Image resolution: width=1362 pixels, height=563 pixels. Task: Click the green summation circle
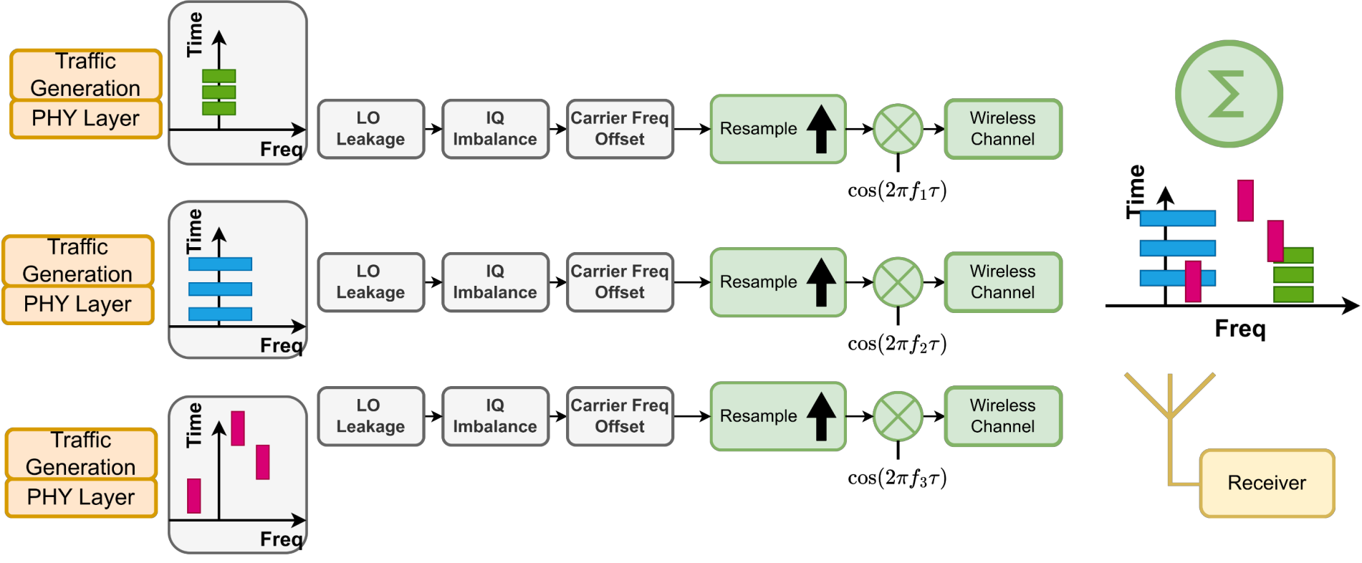click(1228, 94)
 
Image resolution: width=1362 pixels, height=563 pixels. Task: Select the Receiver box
click(1266, 483)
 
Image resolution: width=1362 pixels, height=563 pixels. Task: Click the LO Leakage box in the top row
click(370, 129)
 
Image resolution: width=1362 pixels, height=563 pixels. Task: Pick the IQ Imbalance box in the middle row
click(494, 282)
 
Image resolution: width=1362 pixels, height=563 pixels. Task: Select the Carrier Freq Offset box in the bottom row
click(620, 416)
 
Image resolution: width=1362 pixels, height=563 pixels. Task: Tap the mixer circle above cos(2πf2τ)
click(898, 282)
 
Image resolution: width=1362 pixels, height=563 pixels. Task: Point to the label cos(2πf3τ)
click(896, 478)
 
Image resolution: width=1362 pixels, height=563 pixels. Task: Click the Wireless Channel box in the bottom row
click(1002, 416)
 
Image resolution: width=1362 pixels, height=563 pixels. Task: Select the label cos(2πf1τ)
click(896, 191)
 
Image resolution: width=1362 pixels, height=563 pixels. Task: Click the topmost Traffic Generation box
click(85, 74)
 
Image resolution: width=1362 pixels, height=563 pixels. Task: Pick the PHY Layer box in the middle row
click(77, 304)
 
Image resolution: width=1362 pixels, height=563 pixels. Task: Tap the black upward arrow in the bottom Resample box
click(821, 416)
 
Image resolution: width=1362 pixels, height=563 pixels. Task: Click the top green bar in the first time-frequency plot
click(219, 76)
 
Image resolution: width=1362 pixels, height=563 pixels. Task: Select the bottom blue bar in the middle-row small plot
click(220, 314)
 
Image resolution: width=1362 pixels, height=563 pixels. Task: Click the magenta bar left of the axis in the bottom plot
click(193, 496)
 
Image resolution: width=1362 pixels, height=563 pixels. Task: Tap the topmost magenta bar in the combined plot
click(1245, 201)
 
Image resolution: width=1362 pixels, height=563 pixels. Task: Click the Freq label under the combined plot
click(1239, 329)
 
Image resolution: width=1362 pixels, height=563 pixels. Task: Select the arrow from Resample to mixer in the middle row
click(859, 282)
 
